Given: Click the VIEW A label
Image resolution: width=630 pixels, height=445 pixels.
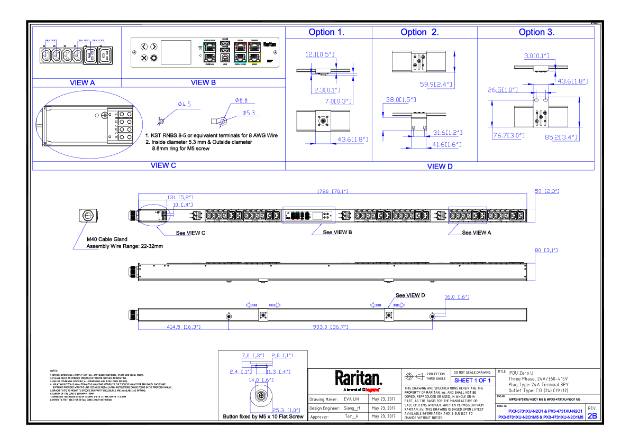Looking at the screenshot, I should [82, 83].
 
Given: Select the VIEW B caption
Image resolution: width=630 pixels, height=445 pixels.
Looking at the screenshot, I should [203, 83].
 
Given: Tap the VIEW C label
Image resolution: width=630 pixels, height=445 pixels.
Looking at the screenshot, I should [163, 165].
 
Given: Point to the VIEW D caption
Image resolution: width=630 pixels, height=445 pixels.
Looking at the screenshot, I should [440, 166].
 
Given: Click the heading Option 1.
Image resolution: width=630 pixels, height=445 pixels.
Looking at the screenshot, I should [326, 33].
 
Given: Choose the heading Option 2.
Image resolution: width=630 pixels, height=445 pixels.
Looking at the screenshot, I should [419, 33].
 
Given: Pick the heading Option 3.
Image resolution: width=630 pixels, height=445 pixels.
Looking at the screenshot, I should [536, 33].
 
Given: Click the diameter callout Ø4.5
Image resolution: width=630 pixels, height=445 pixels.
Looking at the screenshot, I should [184, 105].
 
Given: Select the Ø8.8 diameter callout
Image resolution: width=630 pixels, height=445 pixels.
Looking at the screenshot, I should [241, 100].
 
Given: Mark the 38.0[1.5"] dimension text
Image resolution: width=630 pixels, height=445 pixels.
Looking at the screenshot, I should [401, 100].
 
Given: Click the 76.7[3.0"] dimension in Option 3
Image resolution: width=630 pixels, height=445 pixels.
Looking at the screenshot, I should [508, 136].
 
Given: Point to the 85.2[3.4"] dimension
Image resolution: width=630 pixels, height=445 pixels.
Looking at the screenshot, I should [561, 137].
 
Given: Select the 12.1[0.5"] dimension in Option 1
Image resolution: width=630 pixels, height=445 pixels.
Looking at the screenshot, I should [320, 54].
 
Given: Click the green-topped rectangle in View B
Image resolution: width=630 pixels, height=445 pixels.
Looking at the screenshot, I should [209, 52].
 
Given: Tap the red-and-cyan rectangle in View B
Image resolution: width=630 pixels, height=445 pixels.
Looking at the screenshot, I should [240, 52].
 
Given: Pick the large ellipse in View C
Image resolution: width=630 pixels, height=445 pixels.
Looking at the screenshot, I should [89, 123].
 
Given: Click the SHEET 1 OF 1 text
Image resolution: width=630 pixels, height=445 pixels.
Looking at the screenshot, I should [472, 381].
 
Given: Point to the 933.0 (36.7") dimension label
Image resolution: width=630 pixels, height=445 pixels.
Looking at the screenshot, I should [330, 327].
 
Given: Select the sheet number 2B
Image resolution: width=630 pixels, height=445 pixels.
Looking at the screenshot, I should [592, 416].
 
